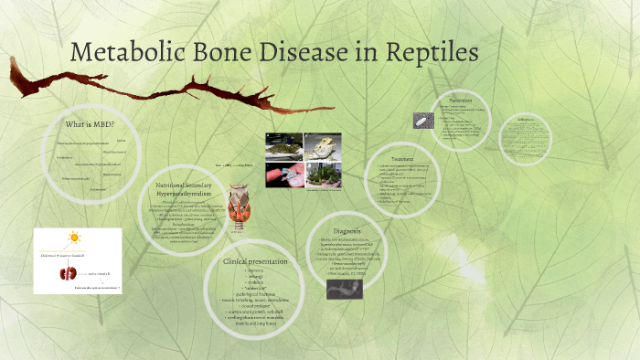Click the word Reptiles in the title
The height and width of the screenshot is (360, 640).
pyautogui.click(x=428, y=52)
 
